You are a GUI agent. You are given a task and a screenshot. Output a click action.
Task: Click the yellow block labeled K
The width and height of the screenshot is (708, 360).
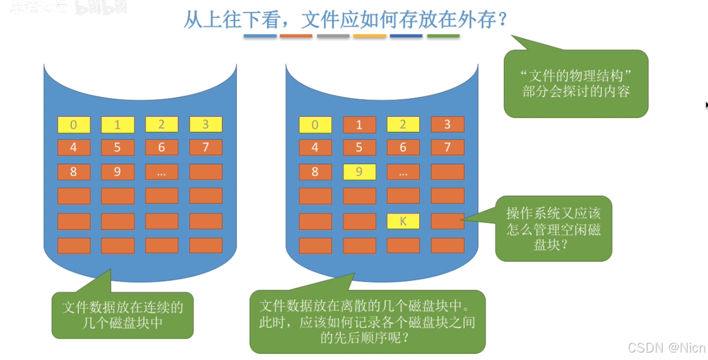(403, 221)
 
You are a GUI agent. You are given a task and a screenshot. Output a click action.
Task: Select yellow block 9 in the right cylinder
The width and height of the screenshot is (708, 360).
(359, 172)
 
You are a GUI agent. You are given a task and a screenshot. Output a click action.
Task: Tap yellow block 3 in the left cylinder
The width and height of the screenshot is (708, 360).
(206, 124)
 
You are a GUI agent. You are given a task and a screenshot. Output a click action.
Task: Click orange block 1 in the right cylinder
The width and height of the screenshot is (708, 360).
(359, 124)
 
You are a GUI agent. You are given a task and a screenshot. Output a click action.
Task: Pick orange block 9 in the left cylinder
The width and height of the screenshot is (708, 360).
(117, 172)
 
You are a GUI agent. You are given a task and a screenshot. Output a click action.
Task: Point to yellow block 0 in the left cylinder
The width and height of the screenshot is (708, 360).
(74, 124)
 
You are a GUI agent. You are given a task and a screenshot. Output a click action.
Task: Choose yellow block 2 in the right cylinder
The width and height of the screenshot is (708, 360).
(403, 124)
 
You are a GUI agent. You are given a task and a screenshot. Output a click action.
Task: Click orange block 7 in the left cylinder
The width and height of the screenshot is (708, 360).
(206, 147)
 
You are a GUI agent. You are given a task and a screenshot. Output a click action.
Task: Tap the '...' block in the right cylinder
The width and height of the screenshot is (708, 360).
(403, 172)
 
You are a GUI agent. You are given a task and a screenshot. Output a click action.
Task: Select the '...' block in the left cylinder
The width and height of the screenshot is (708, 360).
(162, 172)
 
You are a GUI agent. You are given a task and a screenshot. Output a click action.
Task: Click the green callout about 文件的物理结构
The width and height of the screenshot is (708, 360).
(576, 85)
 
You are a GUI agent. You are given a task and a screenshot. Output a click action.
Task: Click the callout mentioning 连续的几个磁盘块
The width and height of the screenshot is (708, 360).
(122, 315)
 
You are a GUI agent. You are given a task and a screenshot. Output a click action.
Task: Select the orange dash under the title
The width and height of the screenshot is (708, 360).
(296, 36)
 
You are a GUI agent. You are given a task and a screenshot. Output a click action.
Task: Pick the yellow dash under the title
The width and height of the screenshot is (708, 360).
(369, 36)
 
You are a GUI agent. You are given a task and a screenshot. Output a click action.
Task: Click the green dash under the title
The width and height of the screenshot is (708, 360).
(443, 36)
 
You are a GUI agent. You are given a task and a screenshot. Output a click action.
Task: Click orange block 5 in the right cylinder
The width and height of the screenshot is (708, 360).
(359, 147)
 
